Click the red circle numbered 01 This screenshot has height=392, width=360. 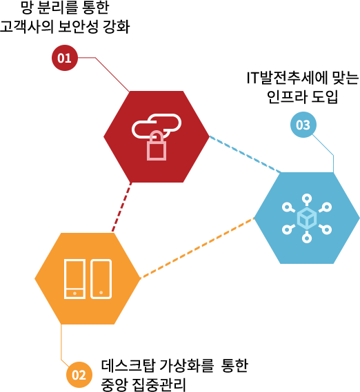(x=65, y=58)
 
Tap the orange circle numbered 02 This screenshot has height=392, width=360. (x=79, y=375)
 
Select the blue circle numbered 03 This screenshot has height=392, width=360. (x=303, y=125)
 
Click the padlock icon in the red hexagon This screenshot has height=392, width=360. (x=157, y=145)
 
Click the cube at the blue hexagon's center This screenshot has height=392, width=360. (x=307, y=218)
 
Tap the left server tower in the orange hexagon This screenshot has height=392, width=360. (x=74, y=279)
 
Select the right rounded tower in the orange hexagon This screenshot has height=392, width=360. (x=101, y=279)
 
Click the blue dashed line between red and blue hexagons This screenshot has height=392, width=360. (x=245, y=154)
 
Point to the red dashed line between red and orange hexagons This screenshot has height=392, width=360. (x=121, y=207)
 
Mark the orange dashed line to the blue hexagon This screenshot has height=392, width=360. (x=197, y=248)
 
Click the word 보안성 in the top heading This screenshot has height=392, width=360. (x=78, y=26)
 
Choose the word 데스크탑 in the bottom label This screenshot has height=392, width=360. (x=128, y=366)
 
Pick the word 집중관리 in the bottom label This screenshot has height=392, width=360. (x=159, y=385)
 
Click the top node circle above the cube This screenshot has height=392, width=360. (x=307, y=198)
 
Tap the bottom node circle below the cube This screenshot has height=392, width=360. (x=307, y=238)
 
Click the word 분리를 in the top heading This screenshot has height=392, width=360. (x=57, y=8)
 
